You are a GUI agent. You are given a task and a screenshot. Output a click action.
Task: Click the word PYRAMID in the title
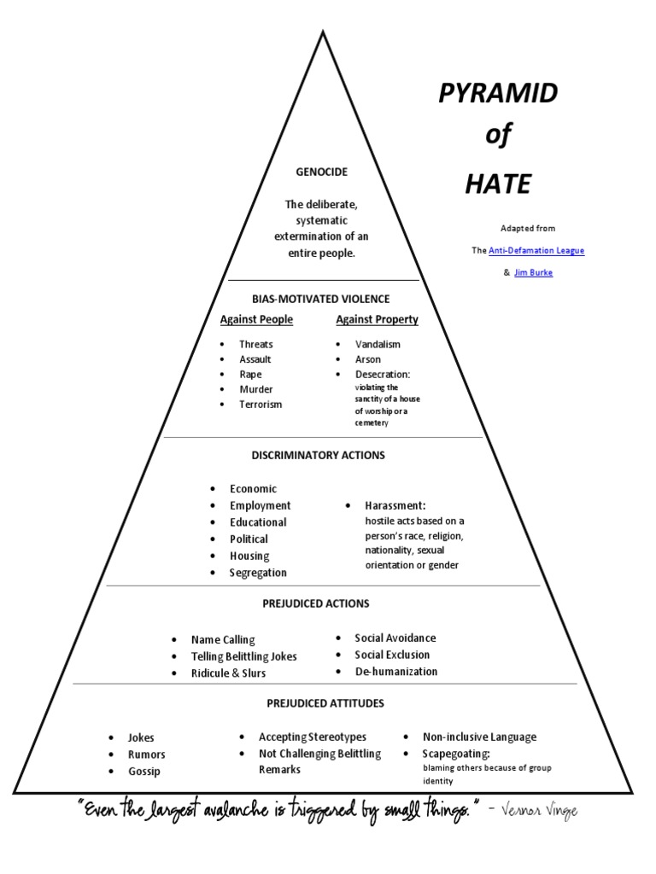click(498, 95)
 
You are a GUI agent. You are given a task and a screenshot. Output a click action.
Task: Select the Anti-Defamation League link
click(536, 250)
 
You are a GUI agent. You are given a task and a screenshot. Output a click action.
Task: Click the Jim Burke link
click(533, 272)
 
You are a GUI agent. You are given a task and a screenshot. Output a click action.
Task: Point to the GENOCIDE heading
click(321, 172)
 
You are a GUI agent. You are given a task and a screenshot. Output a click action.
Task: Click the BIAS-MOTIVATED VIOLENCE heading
click(321, 299)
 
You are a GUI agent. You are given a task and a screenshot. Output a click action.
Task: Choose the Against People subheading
click(256, 319)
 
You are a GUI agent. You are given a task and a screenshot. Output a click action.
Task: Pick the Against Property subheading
click(377, 319)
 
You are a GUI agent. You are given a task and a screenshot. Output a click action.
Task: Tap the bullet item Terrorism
click(261, 404)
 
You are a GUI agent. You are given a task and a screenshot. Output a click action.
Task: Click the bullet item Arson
click(368, 359)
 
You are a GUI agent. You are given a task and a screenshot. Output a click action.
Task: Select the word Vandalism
click(378, 344)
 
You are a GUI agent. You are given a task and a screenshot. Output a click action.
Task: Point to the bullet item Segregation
click(258, 573)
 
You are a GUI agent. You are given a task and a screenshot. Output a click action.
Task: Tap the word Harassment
click(395, 505)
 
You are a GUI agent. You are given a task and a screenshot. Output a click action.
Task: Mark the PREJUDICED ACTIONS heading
click(316, 603)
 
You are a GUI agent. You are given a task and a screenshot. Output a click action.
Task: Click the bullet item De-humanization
click(396, 671)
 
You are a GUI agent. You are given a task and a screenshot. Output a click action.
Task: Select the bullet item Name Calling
click(223, 639)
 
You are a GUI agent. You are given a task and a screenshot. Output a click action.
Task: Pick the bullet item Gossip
click(144, 771)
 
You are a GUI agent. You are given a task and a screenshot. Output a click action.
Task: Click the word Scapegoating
click(456, 754)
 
